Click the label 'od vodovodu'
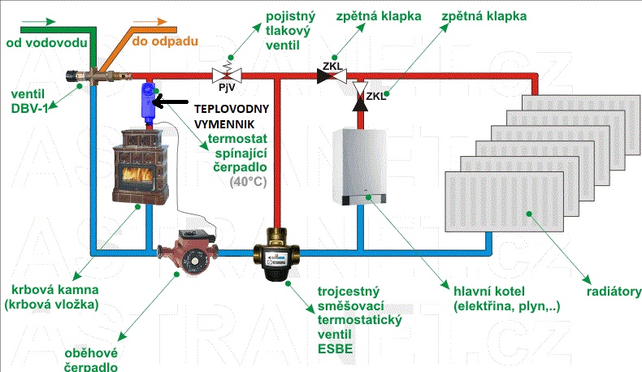40,41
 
